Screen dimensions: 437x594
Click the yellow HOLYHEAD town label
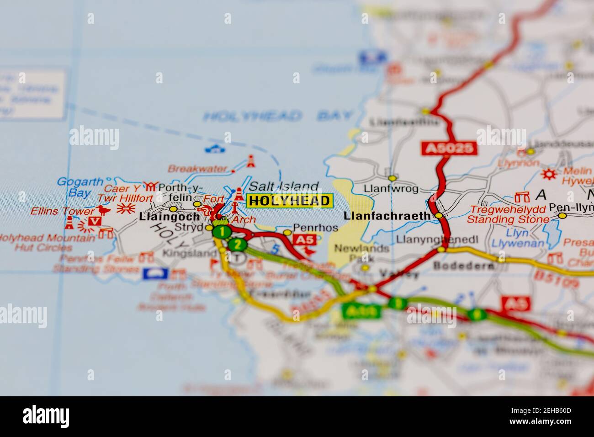[290, 200]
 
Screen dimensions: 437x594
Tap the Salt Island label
[284, 187]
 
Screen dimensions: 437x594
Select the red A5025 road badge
[449, 148]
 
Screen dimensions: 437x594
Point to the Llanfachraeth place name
[387, 215]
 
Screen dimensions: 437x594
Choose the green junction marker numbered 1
[222, 232]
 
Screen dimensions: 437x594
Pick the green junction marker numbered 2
[237, 245]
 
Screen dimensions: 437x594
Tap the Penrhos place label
[315, 227]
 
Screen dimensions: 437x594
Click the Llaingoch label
[169, 216]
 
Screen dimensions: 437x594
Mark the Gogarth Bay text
[80, 187]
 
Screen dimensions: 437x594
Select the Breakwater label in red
[197, 168]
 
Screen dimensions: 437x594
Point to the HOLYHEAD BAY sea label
[278, 116]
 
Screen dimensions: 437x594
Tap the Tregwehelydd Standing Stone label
[508, 214]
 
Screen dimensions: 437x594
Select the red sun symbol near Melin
[549, 174]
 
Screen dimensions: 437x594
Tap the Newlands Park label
[361, 253]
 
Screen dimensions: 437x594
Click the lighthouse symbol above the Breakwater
[250, 161]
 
